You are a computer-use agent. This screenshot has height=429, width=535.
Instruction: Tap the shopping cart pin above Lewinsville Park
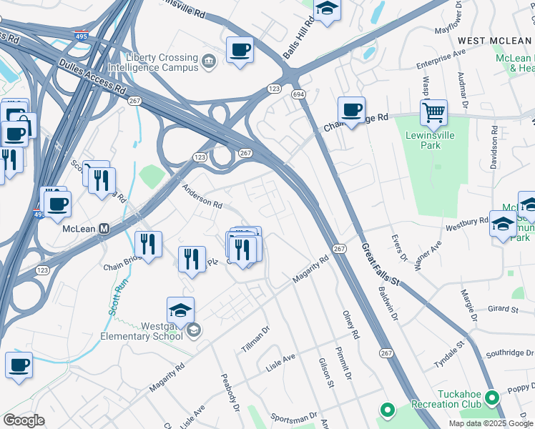coord(433,112)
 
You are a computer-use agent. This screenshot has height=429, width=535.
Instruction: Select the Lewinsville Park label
coord(432,140)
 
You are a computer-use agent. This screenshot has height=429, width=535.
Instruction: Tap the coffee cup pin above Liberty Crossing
coord(240,51)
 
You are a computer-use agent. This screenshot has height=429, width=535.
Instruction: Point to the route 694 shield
coord(298,94)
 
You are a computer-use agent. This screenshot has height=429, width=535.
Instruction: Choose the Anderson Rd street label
coord(202,197)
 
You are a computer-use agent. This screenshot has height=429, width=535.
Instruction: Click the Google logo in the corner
coord(24,420)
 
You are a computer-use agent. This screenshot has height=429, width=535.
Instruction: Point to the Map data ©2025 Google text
coord(491,423)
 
